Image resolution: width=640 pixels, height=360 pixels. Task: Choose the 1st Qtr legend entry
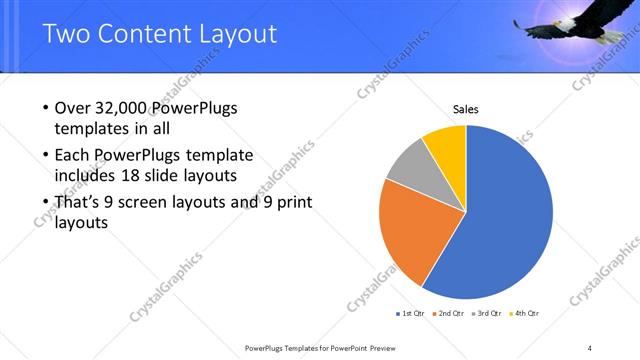tap(410, 313)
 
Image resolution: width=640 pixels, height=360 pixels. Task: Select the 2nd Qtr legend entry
tap(450, 313)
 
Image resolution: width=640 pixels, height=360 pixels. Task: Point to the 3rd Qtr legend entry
tap(488, 313)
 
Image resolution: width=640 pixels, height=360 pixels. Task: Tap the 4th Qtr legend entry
tap(526, 313)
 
